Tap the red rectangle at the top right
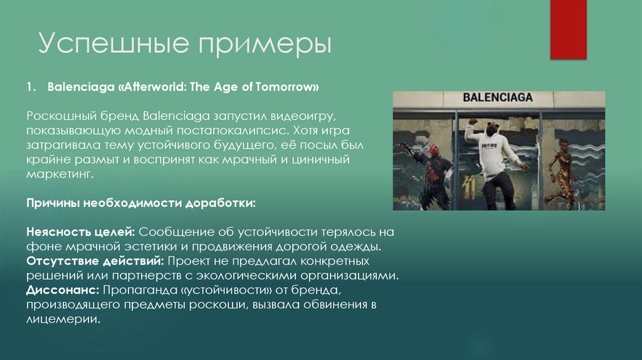[567, 29]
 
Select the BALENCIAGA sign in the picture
[498, 97]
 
